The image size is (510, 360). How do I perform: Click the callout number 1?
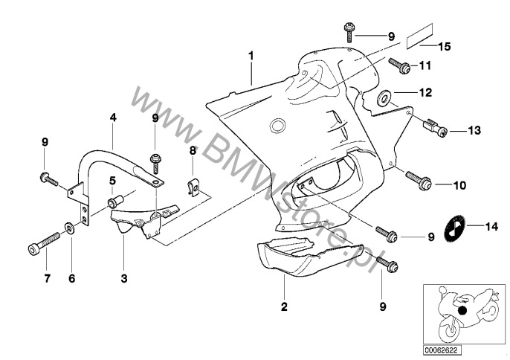click(x=251, y=56)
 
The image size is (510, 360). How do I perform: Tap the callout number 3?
click(x=123, y=278)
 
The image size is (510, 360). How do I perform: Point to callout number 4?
click(x=113, y=118)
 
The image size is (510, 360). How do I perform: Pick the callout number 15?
click(x=444, y=47)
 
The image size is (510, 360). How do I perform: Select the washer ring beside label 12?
click(x=386, y=94)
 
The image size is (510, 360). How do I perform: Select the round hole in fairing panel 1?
click(x=278, y=124)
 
